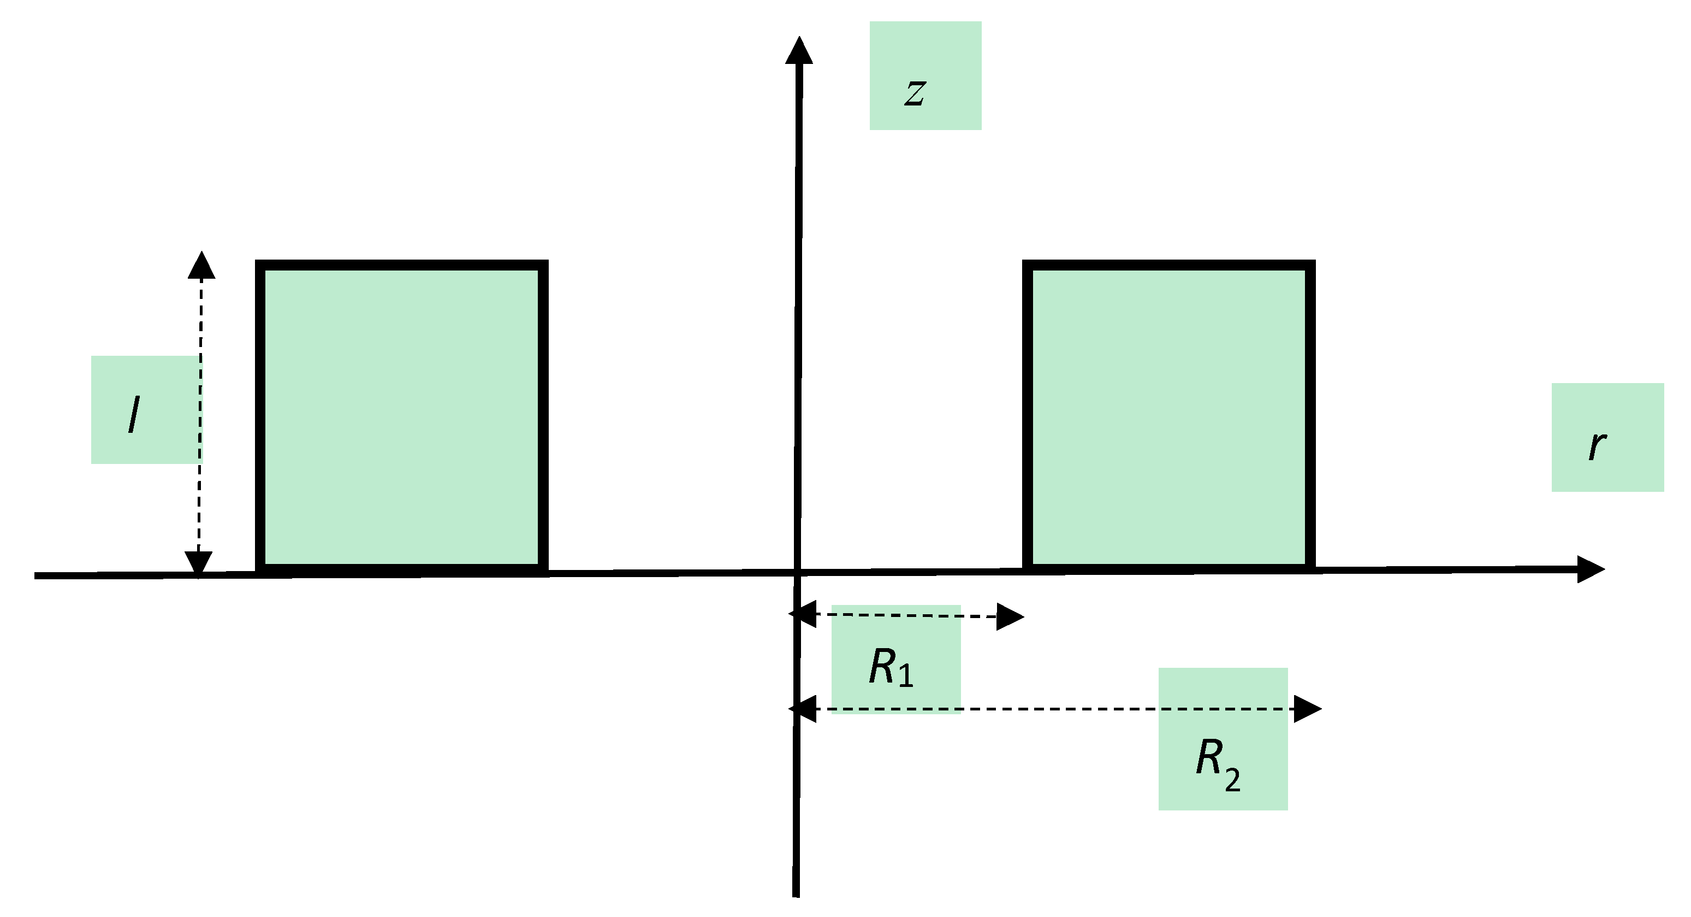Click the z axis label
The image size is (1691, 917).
pos(915,92)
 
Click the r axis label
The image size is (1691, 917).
pos(1597,446)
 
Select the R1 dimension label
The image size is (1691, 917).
pos(890,668)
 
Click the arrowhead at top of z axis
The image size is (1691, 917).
pos(799,51)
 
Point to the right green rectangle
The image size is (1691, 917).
pos(1168,416)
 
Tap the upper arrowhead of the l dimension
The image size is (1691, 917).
pos(201,266)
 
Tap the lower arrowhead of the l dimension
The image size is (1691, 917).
pos(198,562)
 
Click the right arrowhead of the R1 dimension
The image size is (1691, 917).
pos(1010,617)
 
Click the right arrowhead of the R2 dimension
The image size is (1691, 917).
pos(1307,709)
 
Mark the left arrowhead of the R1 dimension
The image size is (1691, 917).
pos(802,614)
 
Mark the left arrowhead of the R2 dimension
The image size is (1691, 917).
pos(802,709)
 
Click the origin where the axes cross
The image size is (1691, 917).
pos(798,573)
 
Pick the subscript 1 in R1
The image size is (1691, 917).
pos(906,676)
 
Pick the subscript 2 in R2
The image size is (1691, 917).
pos(1232,780)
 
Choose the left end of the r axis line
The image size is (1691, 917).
pos(37,576)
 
